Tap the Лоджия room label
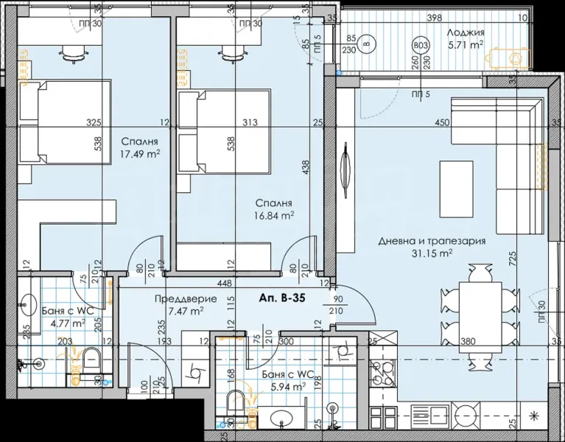coord(466,32)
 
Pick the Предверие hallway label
coord(186,299)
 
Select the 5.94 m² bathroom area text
coord(284,385)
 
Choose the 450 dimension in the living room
coord(442,123)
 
